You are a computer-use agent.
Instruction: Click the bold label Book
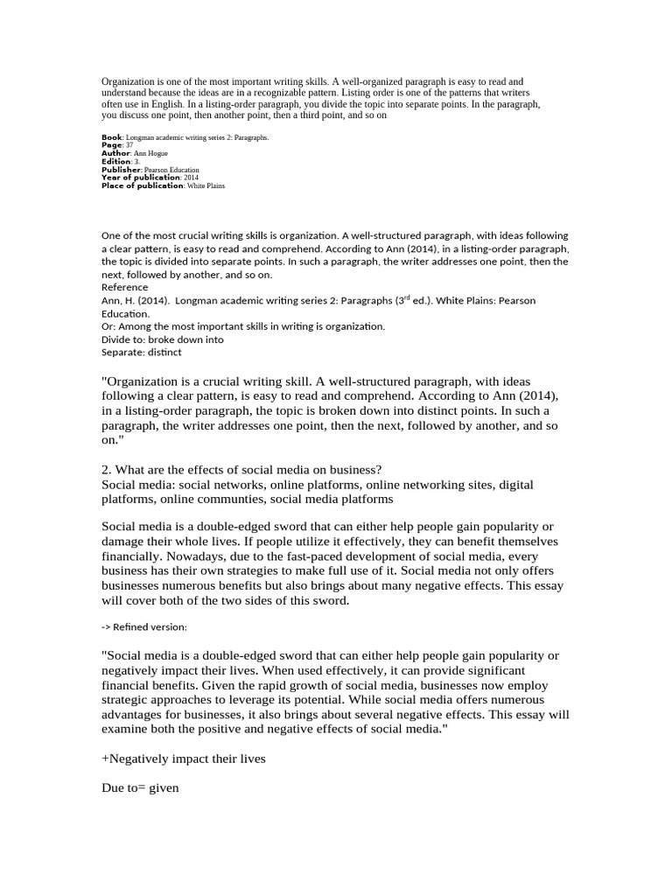(x=112, y=137)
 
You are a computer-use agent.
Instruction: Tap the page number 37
(x=129, y=145)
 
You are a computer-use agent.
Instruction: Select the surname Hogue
(x=157, y=153)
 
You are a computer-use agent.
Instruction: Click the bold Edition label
(x=115, y=162)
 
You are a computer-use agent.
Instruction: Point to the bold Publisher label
(x=120, y=170)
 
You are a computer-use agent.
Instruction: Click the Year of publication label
(x=141, y=178)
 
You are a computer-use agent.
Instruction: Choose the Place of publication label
(x=143, y=185)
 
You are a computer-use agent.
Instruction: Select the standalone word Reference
(x=125, y=287)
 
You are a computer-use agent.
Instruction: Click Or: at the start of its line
(x=110, y=326)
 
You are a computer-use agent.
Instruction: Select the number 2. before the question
(x=107, y=470)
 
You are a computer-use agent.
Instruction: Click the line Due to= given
(x=140, y=788)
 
